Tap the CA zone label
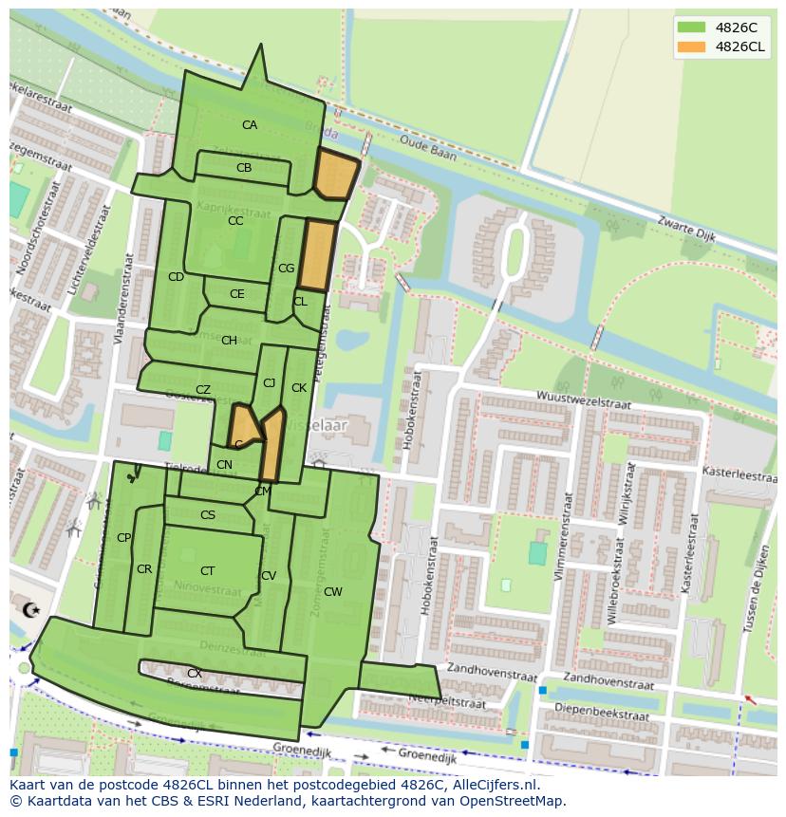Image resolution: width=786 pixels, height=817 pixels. coord(249,125)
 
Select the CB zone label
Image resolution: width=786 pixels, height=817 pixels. coord(244,168)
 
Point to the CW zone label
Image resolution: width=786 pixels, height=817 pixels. coord(332,592)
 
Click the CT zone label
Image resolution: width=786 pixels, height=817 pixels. coord(207,571)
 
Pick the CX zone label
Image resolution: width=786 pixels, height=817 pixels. coord(194,674)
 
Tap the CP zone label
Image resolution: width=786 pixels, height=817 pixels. coord(123,538)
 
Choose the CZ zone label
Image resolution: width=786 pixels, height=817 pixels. coord(203,390)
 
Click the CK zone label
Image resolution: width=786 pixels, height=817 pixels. coord(299,388)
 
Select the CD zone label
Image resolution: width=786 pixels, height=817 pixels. coord(176,277)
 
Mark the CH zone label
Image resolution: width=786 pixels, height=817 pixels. coord(229,341)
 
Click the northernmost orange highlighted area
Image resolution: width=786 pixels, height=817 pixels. coord(335,175)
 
